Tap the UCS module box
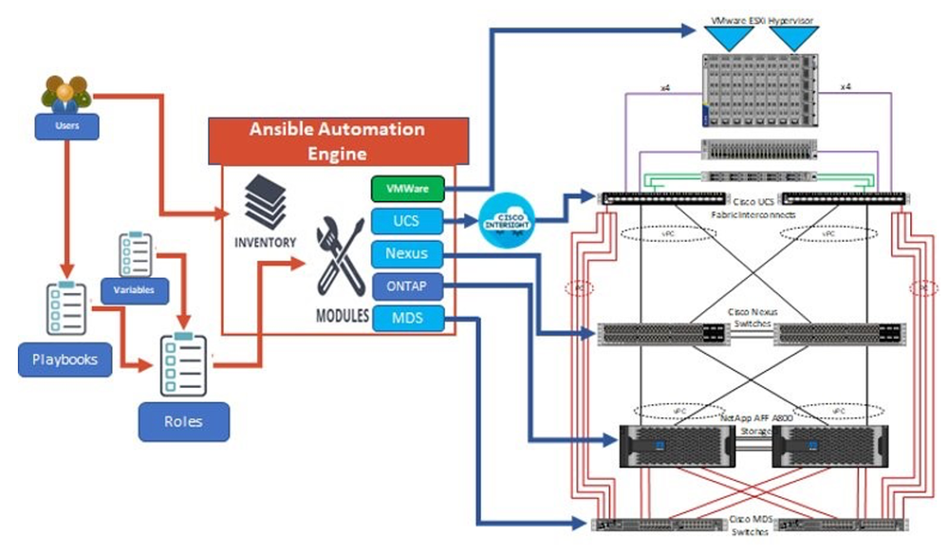pos(408,222)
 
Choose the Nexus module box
pos(408,254)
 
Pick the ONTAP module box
pos(408,286)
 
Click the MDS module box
pos(408,318)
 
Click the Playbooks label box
pos(64,360)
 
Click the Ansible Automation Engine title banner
pos(337,140)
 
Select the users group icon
pos(65,93)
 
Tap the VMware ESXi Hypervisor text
pos(761,19)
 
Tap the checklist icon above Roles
pos(182,364)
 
